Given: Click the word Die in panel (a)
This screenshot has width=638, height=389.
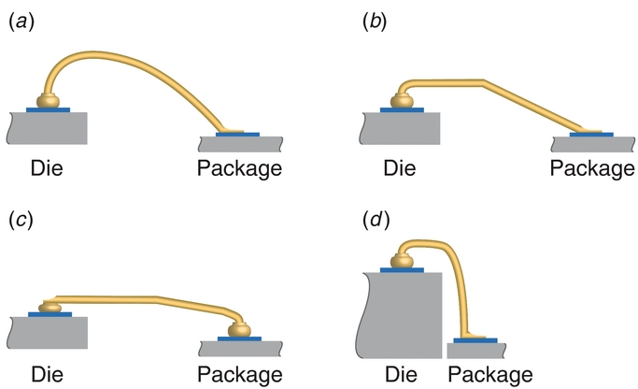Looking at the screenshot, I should point(47,168).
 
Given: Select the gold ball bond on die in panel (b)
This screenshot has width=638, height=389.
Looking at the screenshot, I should point(404,99).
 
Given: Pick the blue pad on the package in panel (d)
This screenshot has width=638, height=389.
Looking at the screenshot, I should point(475,340).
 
